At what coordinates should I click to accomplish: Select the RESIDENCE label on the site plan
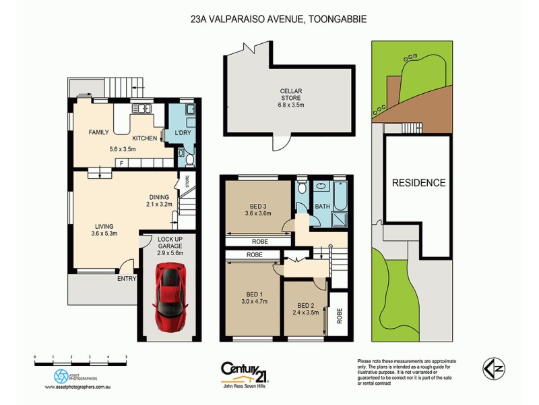pyautogui.click(x=419, y=182)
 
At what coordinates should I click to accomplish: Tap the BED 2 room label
pyautogui.click(x=306, y=304)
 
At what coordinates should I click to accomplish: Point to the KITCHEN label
pyautogui.click(x=144, y=138)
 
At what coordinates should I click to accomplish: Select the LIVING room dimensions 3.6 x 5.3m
pyautogui.click(x=104, y=234)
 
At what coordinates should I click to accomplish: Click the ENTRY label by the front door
pyautogui.click(x=126, y=278)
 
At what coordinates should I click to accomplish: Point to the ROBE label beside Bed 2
pyautogui.click(x=339, y=315)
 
